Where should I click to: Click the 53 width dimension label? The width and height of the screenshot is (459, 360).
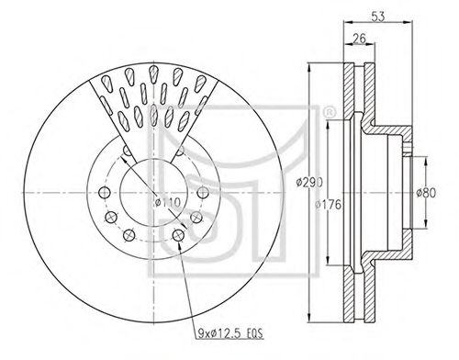pyautogui.click(x=378, y=17)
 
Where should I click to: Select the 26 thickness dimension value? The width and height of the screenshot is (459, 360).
pyautogui.click(x=359, y=39)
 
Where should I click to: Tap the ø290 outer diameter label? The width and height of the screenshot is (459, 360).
pyautogui.click(x=309, y=183)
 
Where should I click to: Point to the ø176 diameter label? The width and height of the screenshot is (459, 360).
pyautogui.click(x=328, y=205)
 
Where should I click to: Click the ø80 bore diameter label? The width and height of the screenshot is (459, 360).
pyautogui.click(x=426, y=193)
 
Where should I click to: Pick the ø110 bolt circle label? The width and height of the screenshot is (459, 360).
pyautogui.click(x=168, y=202)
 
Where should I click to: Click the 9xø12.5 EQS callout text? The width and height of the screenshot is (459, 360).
pyautogui.click(x=230, y=333)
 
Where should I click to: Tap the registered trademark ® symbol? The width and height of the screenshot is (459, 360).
pyautogui.click(x=329, y=113)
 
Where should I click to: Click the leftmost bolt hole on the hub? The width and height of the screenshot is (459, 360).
pyautogui.click(x=105, y=193)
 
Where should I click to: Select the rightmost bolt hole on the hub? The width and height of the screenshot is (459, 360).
pyautogui.click(x=203, y=193)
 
